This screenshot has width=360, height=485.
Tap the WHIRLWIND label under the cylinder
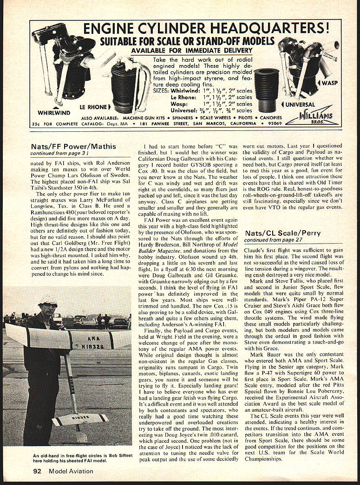coord(55,112)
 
